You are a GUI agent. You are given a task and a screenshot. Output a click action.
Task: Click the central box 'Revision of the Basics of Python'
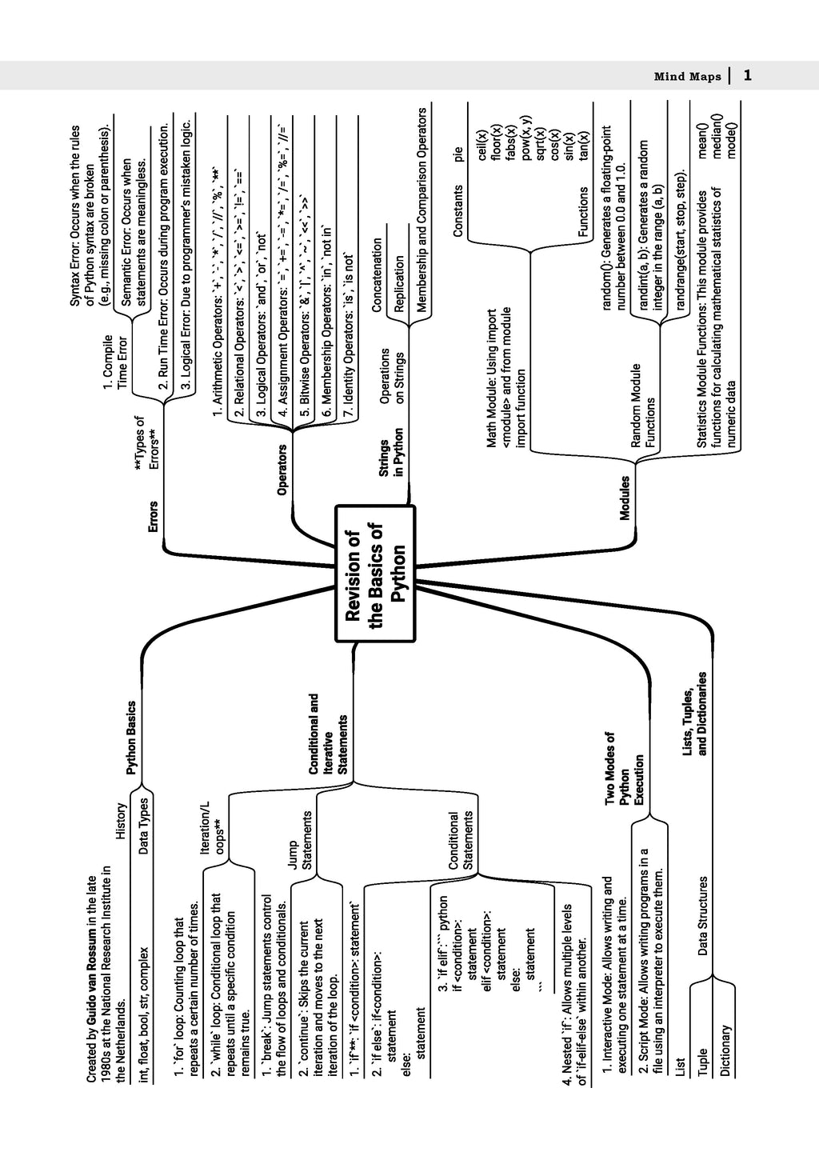(375, 573)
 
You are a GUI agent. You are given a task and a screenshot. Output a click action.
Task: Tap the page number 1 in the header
(747, 76)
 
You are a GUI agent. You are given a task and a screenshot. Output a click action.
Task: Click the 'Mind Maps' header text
(687, 77)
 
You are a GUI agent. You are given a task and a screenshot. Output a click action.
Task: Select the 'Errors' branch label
(152, 517)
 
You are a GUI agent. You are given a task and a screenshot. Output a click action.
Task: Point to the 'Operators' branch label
(282, 470)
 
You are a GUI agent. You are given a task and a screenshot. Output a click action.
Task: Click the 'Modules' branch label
(625, 498)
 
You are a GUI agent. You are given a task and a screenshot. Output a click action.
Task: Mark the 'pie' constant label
(457, 154)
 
